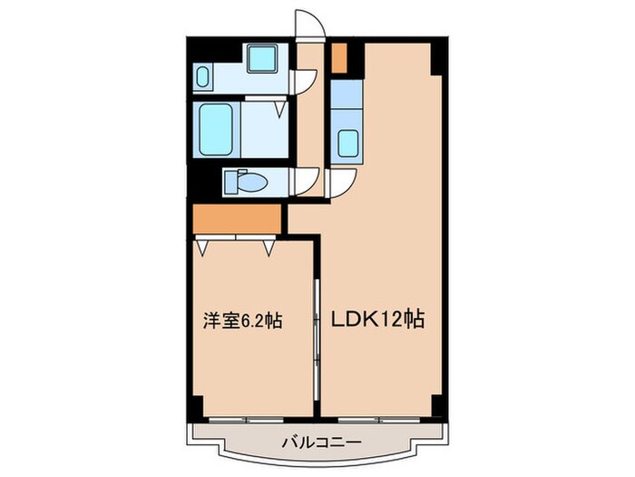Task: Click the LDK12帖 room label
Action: [380, 320]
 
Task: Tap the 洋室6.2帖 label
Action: [240, 320]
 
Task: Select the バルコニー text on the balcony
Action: [319, 442]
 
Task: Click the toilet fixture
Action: [242, 183]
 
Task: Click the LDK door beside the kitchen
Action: [343, 184]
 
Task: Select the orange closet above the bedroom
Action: [236, 219]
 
